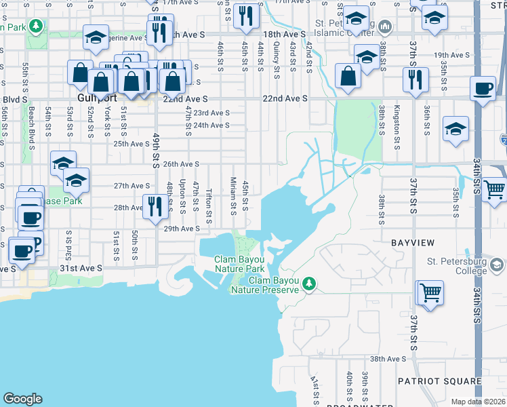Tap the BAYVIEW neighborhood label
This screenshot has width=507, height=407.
[409, 241]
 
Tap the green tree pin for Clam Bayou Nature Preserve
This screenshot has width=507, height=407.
[310, 282]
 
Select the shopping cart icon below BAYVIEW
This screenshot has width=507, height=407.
[430, 293]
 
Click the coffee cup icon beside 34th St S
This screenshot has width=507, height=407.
[484, 89]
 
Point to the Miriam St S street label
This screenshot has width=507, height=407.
[233, 195]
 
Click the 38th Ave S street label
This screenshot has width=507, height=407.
[387, 359]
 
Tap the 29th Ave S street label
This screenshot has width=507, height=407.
[180, 229]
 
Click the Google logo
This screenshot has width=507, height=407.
[22, 399]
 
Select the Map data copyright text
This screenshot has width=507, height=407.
[477, 402]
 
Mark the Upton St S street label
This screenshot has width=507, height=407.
[182, 194]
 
